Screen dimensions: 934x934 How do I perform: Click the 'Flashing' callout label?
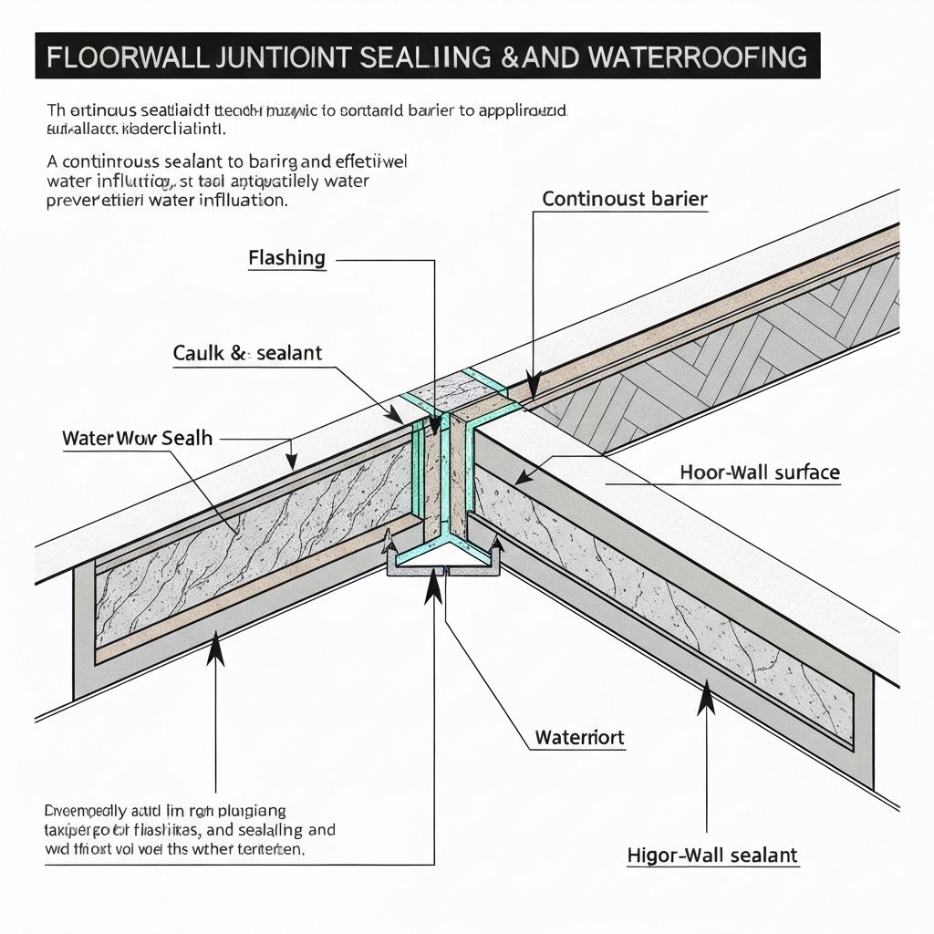pos(286,258)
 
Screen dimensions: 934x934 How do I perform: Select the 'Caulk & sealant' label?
pos(247,354)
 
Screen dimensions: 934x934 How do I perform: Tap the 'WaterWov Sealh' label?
pos(137,438)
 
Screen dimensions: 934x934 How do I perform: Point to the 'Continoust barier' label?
pos(624,199)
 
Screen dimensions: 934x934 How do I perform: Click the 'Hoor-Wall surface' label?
pos(760,472)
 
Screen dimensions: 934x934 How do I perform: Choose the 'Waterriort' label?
pos(579,737)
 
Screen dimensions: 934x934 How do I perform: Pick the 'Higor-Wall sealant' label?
pos(712,856)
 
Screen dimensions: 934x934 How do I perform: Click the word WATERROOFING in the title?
pos(702,57)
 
